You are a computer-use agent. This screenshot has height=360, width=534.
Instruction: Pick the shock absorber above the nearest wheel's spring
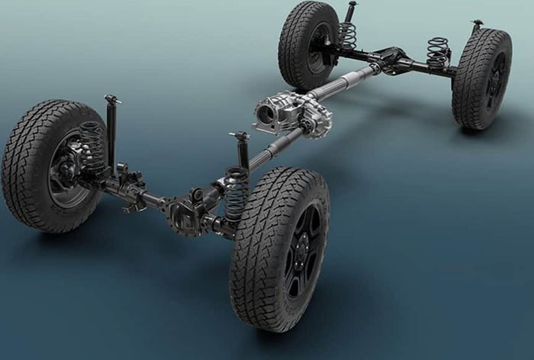tap(242, 149)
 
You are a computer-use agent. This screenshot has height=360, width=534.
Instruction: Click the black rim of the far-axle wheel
tap(495, 79)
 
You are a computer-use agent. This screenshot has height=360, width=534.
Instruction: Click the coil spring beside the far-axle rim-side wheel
tap(438, 53)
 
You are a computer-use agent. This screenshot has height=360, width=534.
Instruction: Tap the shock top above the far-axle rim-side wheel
tap(477, 26)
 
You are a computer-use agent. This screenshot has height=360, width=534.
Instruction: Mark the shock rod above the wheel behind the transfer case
tap(350, 11)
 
